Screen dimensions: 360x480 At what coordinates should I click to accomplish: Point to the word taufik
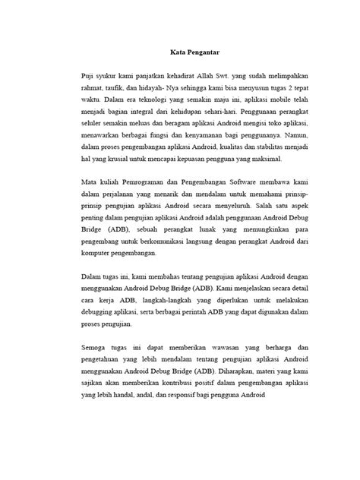pos(115,92)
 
